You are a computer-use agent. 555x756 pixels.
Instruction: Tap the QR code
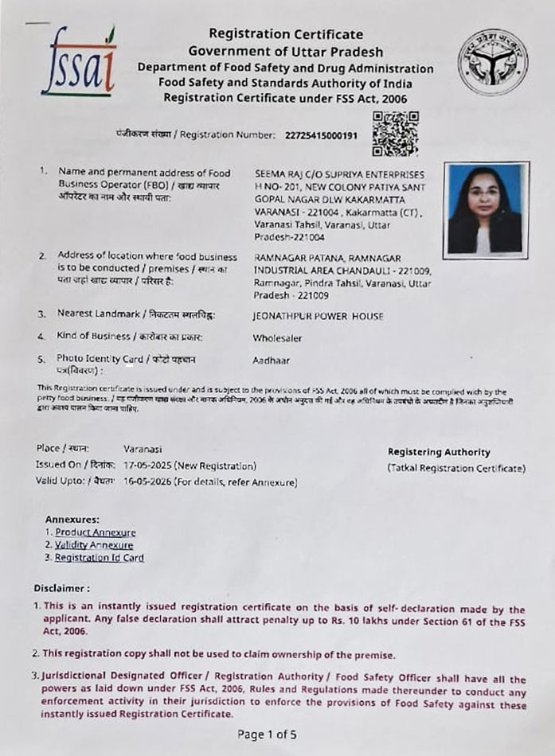click(x=395, y=133)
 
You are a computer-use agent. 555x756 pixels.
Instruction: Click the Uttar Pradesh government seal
click(x=492, y=62)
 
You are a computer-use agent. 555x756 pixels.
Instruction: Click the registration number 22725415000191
click(x=321, y=135)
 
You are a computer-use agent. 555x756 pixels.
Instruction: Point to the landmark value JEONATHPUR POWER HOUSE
click(x=318, y=316)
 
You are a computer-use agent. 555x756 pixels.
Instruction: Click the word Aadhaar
click(x=271, y=360)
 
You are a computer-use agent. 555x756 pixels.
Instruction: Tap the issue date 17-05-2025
click(x=147, y=466)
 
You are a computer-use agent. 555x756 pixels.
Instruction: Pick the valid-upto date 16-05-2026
click(x=147, y=481)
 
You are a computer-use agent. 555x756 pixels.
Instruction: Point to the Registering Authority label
click(x=439, y=452)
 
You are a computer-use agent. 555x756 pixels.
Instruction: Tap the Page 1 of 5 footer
click(x=267, y=735)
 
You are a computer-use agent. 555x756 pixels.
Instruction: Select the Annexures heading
click(x=72, y=519)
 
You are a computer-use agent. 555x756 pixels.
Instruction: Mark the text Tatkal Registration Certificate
click(x=456, y=468)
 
